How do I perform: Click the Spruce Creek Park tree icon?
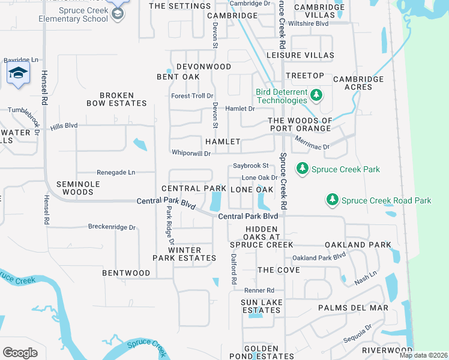tap(303, 169)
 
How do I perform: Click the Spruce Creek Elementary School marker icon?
tap(118, 14)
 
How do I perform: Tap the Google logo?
tap(20, 353)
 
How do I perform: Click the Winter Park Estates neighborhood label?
tap(184, 254)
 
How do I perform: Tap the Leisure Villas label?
tap(300, 55)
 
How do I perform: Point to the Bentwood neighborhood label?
tap(126, 273)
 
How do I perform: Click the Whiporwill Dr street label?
tap(191, 154)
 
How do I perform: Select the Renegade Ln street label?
tap(116, 172)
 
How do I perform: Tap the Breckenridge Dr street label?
tap(112, 227)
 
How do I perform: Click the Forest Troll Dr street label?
tap(192, 96)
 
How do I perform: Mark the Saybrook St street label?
tap(250, 166)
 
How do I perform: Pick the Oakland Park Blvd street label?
tap(319, 257)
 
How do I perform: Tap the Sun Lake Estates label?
tap(261, 306)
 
